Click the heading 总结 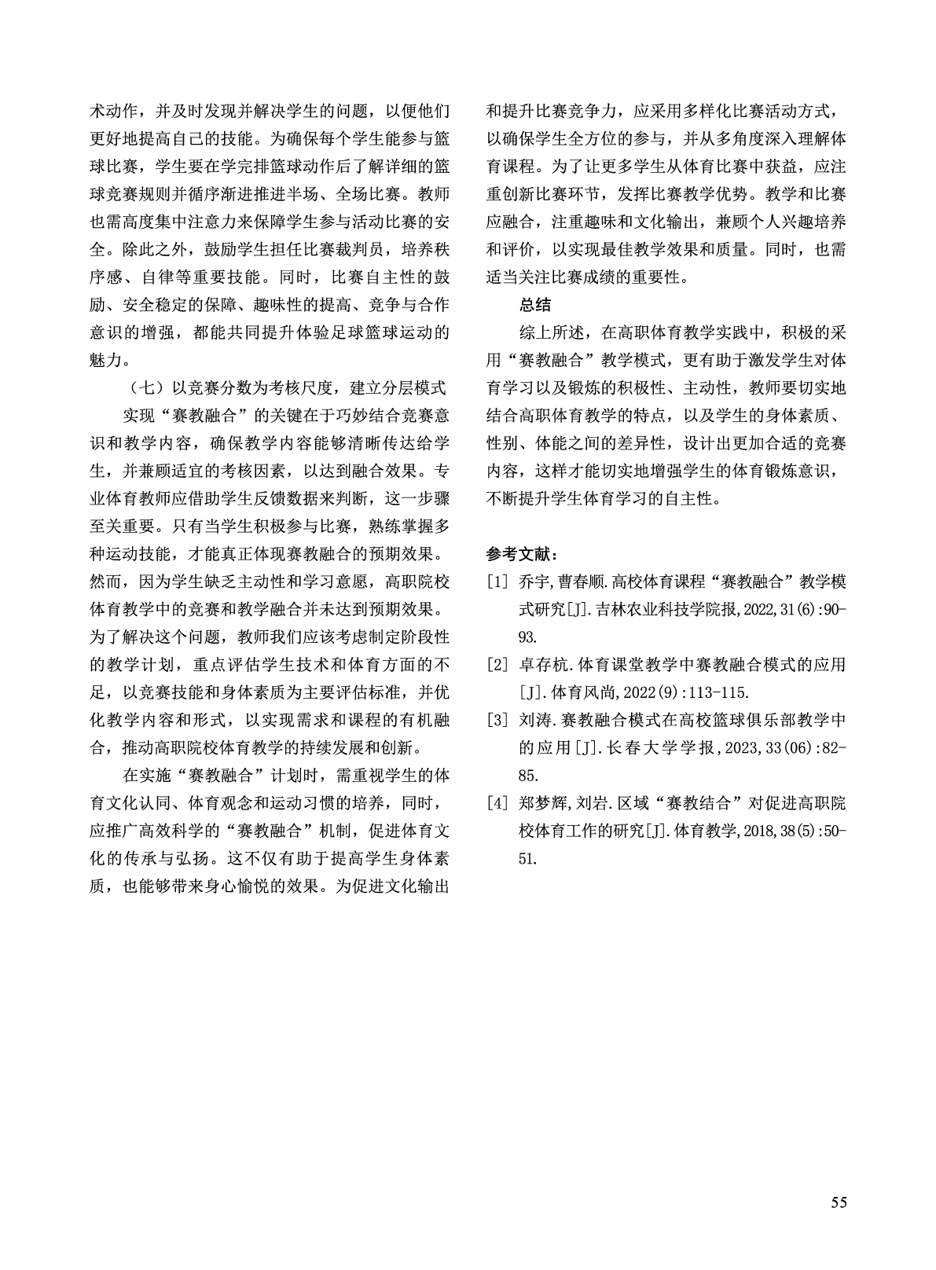(x=534, y=305)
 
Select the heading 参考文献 (x=522, y=555)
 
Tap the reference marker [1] (x=497, y=582)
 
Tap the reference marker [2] (x=497, y=665)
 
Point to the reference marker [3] (x=497, y=720)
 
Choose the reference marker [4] (x=497, y=803)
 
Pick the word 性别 (x=502, y=443)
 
